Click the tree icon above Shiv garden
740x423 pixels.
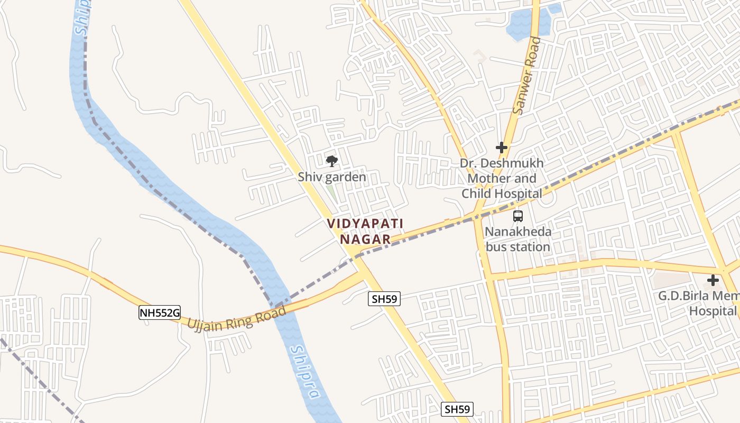click(331, 161)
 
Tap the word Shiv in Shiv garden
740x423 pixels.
click(309, 177)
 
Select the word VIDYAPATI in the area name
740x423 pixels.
click(365, 224)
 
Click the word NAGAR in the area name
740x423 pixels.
click(365, 240)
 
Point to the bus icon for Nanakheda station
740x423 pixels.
click(518, 216)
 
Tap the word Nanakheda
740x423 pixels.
click(518, 232)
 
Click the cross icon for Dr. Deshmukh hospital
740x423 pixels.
click(502, 148)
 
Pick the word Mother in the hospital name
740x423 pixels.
click(487, 178)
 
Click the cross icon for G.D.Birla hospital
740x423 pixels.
click(713, 280)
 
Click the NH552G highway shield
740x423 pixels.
click(160, 313)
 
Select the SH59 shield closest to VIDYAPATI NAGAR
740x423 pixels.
click(384, 299)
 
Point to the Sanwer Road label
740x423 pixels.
click(528, 75)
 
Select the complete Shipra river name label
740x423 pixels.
click(306, 372)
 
